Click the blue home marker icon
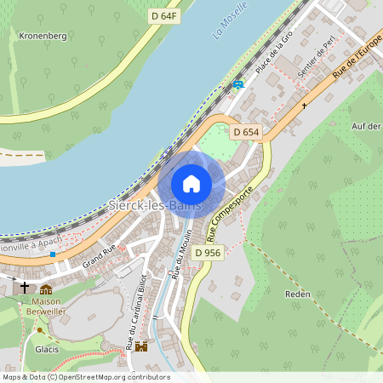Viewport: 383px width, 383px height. tap(191, 184)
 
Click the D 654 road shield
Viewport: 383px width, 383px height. tap(246, 131)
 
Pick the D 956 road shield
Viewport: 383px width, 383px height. tap(208, 252)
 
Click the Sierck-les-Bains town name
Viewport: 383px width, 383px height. tap(155, 206)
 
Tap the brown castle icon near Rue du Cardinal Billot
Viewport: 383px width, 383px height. tap(141, 346)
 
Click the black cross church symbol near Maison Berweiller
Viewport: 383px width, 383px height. tap(25, 287)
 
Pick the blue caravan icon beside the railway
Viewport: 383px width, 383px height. tap(237, 84)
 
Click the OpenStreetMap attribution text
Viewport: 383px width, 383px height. tap(86, 376)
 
